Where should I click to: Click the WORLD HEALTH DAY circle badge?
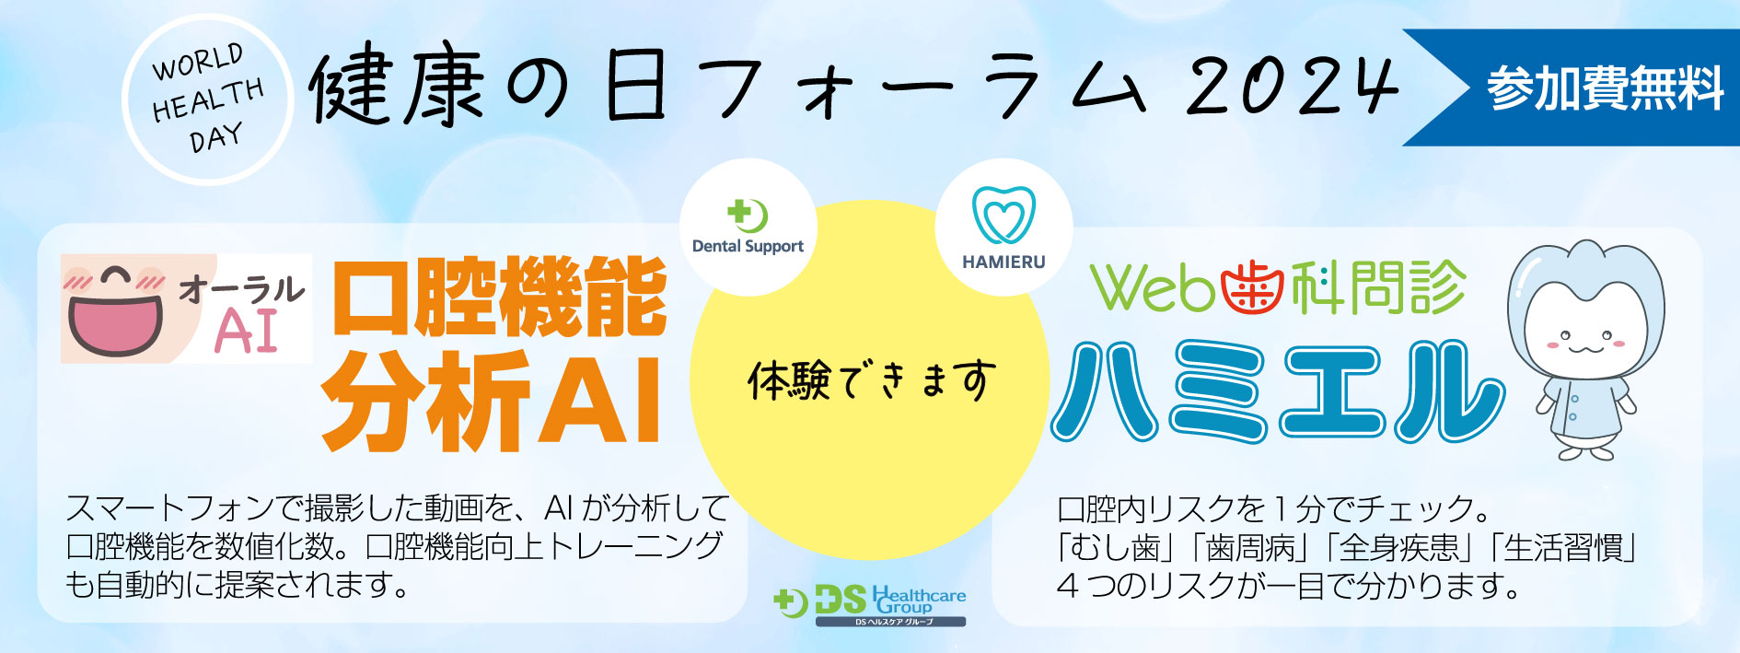(x=207, y=99)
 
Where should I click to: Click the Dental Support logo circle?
(x=748, y=227)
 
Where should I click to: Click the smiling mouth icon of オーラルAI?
(x=115, y=309)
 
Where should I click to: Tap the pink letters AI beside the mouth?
(x=246, y=331)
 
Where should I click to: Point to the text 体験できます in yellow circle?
(x=871, y=380)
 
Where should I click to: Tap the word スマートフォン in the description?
(x=170, y=507)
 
